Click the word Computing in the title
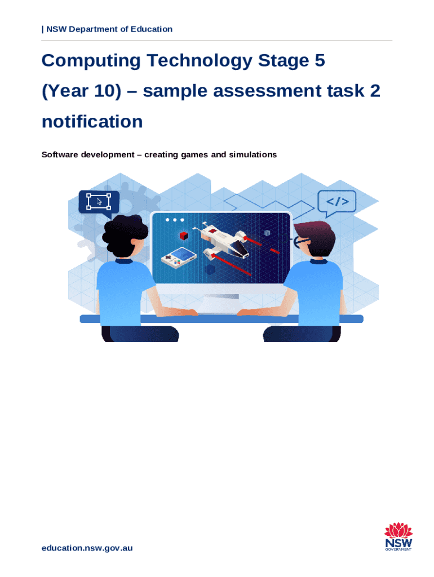point(91,61)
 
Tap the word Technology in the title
point(200,61)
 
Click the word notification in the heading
point(92,122)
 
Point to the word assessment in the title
point(267,91)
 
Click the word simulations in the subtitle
point(253,154)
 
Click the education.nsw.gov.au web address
point(87,548)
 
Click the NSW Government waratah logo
point(398,536)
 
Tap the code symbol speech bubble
point(336,202)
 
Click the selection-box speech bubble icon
point(99,203)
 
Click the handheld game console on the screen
point(178,258)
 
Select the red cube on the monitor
point(184,236)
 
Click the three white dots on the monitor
point(175,220)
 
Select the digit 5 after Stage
point(320,60)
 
